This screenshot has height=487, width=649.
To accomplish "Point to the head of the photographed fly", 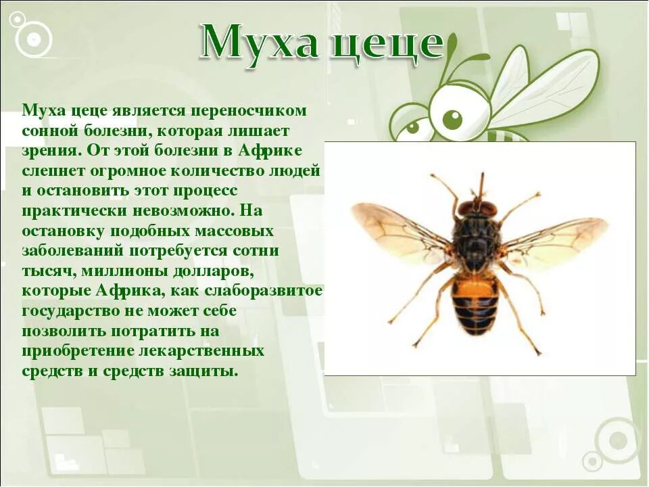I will pos(477,207).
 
